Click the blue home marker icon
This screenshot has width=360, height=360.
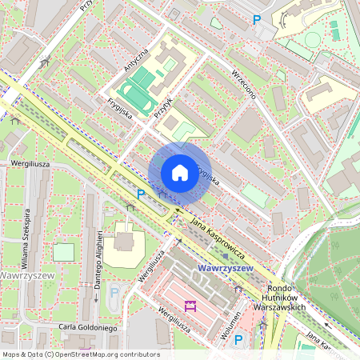click(x=180, y=172)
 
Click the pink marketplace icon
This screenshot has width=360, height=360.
click(x=190, y=306)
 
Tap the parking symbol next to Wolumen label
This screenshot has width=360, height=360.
click(x=238, y=341)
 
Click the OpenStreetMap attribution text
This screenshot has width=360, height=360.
click(x=80, y=354)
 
